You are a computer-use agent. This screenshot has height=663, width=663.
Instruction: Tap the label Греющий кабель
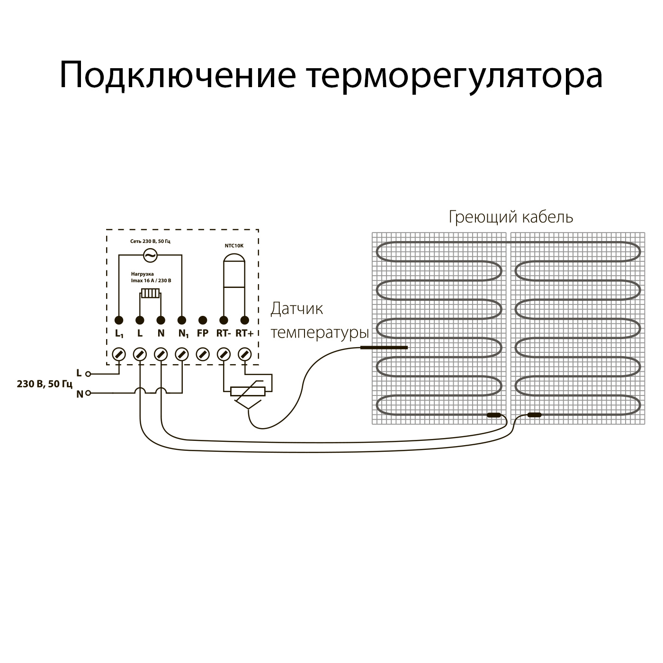[511, 217]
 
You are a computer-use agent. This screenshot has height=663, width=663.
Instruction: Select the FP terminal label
[203, 333]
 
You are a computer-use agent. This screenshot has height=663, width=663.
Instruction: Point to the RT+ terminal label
[244, 333]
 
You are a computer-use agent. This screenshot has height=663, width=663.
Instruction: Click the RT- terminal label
[224, 333]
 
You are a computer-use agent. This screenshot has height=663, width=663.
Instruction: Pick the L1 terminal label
[119, 334]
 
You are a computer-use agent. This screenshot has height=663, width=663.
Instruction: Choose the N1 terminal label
[183, 334]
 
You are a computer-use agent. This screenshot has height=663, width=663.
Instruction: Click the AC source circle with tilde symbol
[150, 256]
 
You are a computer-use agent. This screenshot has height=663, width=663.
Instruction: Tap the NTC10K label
[234, 246]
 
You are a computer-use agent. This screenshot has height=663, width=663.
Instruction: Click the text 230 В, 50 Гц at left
[45, 384]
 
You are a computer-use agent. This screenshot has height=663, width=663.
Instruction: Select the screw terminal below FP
[203, 354]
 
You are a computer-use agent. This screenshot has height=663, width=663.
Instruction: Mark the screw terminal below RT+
[244, 354]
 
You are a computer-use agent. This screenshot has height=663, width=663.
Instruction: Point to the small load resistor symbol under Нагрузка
[151, 294]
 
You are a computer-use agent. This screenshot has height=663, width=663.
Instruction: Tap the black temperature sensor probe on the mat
[384, 348]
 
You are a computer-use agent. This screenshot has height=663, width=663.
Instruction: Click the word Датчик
[297, 309]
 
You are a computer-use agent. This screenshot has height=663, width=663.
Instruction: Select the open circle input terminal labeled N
[88, 394]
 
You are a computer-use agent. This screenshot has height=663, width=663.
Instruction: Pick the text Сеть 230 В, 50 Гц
[150, 242]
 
